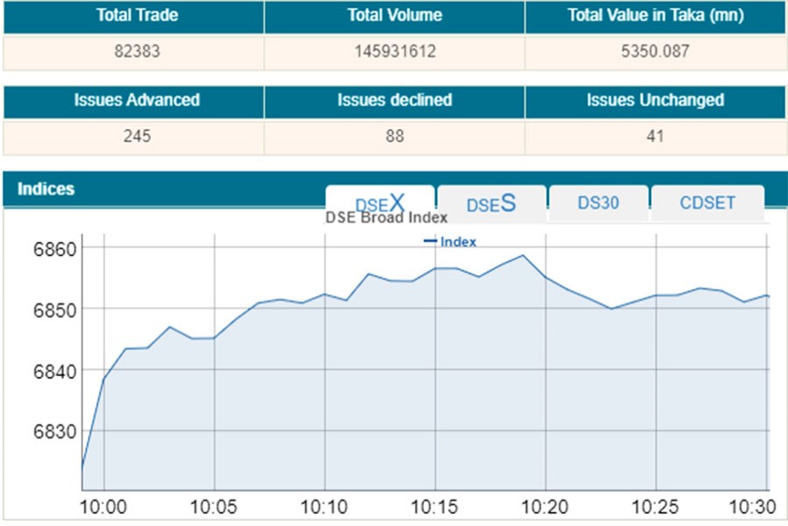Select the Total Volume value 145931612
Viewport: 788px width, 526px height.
click(x=394, y=52)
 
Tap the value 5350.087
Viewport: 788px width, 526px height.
click(x=654, y=52)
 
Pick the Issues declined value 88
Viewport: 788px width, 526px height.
click(x=394, y=137)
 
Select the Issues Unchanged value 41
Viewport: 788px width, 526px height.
click(x=654, y=137)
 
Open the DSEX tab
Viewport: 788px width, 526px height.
click(x=380, y=203)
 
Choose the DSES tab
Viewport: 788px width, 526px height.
click(x=491, y=203)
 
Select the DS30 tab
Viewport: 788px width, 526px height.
click(x=598, y=203)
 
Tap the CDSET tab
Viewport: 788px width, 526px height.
click(x=707, y=203)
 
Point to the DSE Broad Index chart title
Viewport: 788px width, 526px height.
click(x=386, y=217)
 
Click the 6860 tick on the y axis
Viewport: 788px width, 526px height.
click(x=55, y=248)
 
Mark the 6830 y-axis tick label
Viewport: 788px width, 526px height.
click(x=55, y=430)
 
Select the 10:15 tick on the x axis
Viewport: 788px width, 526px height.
click(x=434, y=508)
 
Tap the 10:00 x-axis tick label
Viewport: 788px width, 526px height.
click(x=104, y=508)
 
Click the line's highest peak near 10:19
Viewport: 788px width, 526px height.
click(x=523, y=256)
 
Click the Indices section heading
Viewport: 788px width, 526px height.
click(x=46, y=188)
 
